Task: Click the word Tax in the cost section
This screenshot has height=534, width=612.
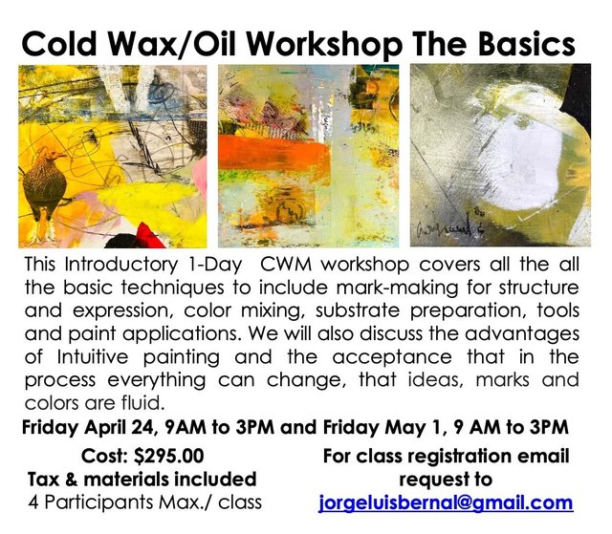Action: coord(47,479)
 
